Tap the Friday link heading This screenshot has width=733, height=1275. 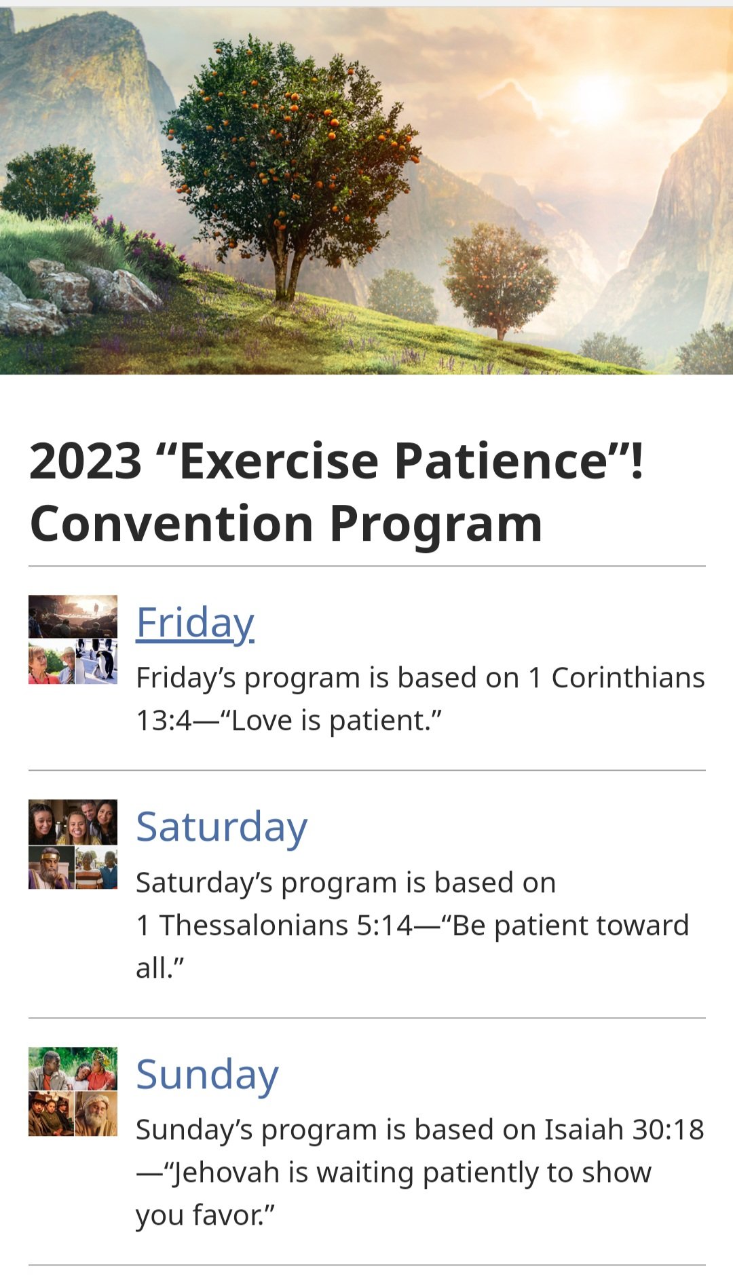tap(195, 623)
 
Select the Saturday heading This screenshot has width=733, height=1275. tap(222, 827)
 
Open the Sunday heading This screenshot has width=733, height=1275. tap(208, 1075)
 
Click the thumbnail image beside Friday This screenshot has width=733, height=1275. tap(73, 639)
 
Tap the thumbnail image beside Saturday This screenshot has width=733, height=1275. tap(73, 844)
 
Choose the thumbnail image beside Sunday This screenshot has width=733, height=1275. tap(73, 1091)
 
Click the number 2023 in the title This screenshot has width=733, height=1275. tap(86, 461)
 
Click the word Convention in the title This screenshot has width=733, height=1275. tap(172, 524)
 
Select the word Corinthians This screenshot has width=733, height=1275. tap(628, 678)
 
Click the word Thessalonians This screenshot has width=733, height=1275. tap(286, 925)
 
